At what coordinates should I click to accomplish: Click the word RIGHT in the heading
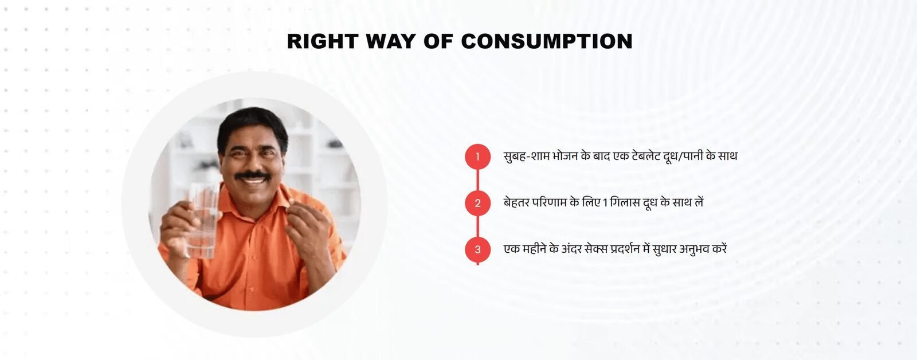tap(323, 41)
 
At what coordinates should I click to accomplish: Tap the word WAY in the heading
tap(390, 41)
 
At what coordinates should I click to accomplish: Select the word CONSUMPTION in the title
tap(547, 41)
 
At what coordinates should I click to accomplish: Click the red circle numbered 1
tap(477, 156)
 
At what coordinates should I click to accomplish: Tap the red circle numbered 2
tap(477, 203)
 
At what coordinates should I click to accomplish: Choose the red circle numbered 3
tap(477, 249)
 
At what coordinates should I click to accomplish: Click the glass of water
tap(201, 220)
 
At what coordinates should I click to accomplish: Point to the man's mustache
tap(252, 175)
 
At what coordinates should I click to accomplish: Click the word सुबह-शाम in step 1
tap(527, 156)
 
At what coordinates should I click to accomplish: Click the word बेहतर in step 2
tap(516, 202)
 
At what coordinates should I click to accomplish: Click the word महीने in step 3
tap(534, 249)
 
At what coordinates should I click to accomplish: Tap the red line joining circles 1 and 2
tap(477, 180)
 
